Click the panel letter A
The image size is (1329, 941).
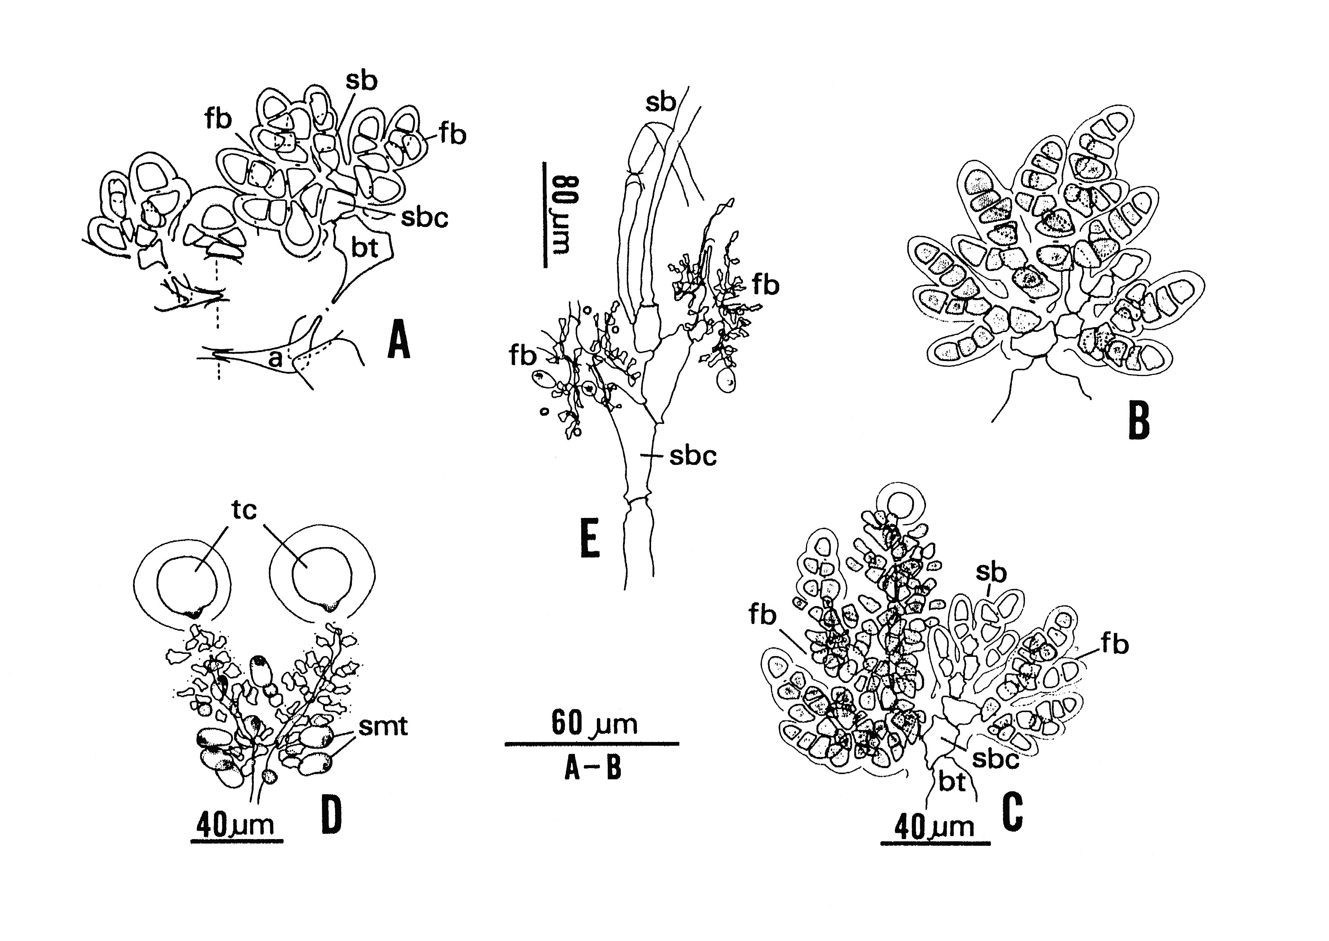pyautogui.click(x=399, y=340)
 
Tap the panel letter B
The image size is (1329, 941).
pyautogui.click(x=1139, y=421)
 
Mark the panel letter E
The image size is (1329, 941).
pyautogui.click(x=590, y=539)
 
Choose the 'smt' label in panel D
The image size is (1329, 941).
pyautogui.click(x=383, y=726)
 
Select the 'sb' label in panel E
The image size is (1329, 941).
pyautogui.click(x=661, y=103)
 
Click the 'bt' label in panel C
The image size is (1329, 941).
pyautogui.click(x=952, y=782)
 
